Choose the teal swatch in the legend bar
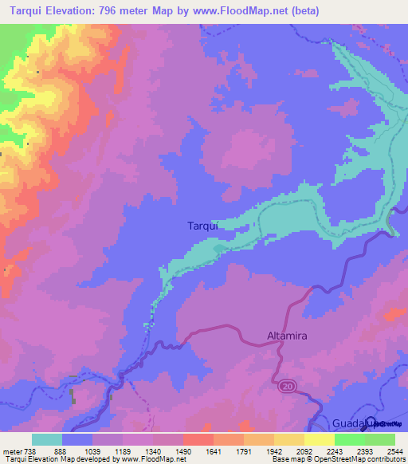click(47, 439)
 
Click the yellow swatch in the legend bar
click(320, 439)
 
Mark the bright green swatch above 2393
click(350, 439)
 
